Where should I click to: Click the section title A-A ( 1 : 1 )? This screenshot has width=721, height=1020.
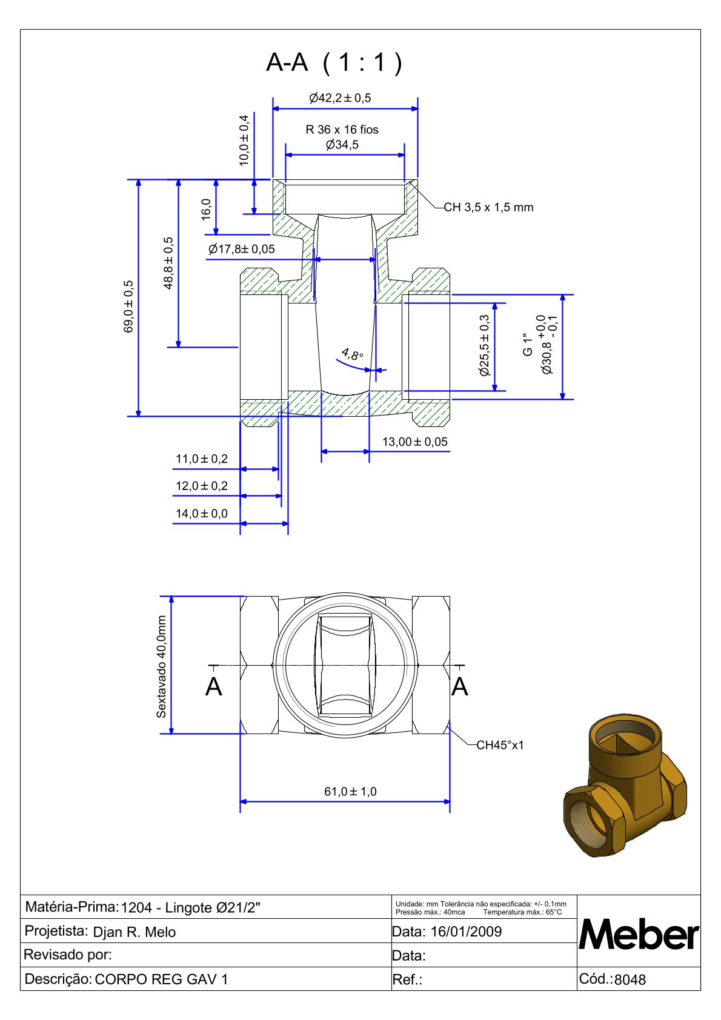(x=334, y=62)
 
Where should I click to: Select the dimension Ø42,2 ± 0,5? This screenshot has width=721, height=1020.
(x=340, y=98)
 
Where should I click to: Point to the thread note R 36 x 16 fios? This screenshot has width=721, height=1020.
(x=342, y=130)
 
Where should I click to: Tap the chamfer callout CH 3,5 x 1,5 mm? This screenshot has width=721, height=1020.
(x=488, y=207)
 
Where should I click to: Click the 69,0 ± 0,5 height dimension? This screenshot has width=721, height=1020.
(x=128, y=306)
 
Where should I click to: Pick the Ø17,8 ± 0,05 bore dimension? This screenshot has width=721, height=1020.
(x=241, y=249)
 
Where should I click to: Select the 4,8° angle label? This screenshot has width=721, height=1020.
(x=351, y=354)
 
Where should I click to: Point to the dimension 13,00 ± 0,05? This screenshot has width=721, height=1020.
(x=414, y=442)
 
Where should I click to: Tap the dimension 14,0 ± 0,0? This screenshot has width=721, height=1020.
(x=202, y=514)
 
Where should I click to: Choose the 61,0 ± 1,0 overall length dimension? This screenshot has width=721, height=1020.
(x=350, y=792)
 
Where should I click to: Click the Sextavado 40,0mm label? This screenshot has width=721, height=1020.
(x=161, y=667)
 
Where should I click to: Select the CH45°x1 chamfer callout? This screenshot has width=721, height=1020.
(x=500, y=745)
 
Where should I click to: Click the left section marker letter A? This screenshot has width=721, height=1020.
(x=214, y=687)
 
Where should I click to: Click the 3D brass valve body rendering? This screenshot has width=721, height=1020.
(x=625, y=784)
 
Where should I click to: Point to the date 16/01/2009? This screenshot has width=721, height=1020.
(x=466, y=932)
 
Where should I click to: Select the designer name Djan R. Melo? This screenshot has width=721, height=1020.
(x=135, y=932)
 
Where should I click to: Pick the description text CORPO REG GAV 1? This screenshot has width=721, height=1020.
(x=162, y=979)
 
